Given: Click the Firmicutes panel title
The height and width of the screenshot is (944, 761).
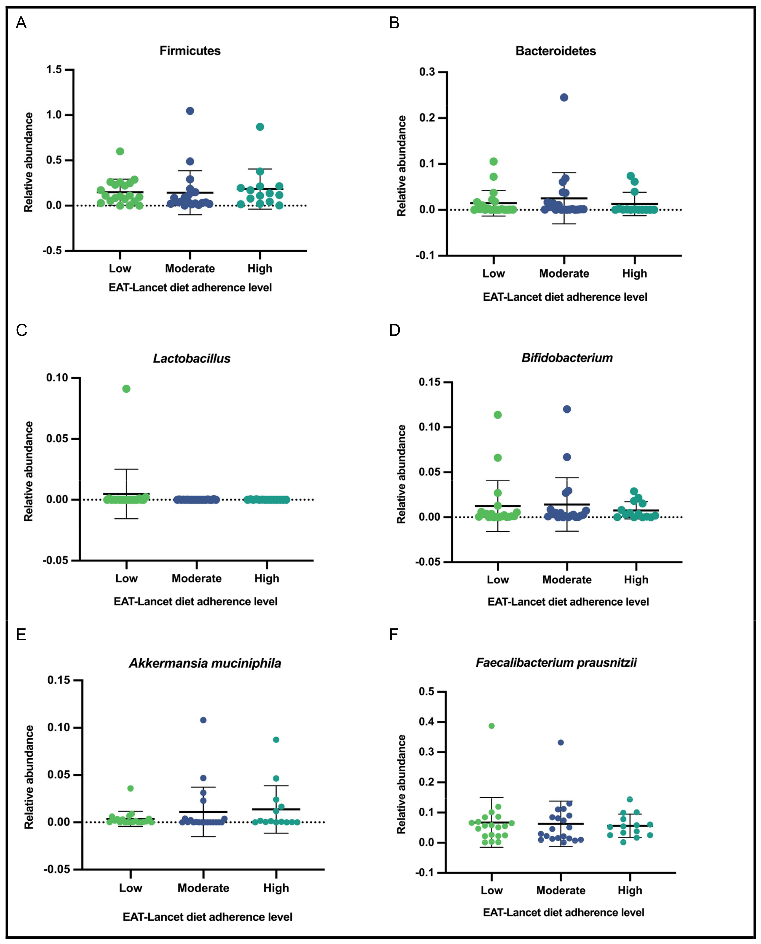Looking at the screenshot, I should [190, 51].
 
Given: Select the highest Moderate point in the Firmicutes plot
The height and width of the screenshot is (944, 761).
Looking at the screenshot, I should [190, 111].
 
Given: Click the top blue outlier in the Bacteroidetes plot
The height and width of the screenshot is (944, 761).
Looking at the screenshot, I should [564, 97].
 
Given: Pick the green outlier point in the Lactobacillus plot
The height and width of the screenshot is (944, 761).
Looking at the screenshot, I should [126, 389].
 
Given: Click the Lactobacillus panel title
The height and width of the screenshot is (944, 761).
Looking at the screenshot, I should [191, 359].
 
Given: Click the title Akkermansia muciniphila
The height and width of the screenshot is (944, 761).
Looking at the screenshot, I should [205, 663].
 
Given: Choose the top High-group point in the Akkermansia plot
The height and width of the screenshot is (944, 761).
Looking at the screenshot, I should [276, 740].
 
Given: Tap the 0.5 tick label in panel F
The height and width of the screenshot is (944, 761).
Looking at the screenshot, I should [430, 692].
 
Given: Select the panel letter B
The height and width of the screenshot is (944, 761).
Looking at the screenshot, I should [394, 23].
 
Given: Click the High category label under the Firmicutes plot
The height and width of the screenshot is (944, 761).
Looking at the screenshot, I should [260, 268].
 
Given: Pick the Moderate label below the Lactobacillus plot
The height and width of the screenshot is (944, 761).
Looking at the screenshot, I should [196, 578].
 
